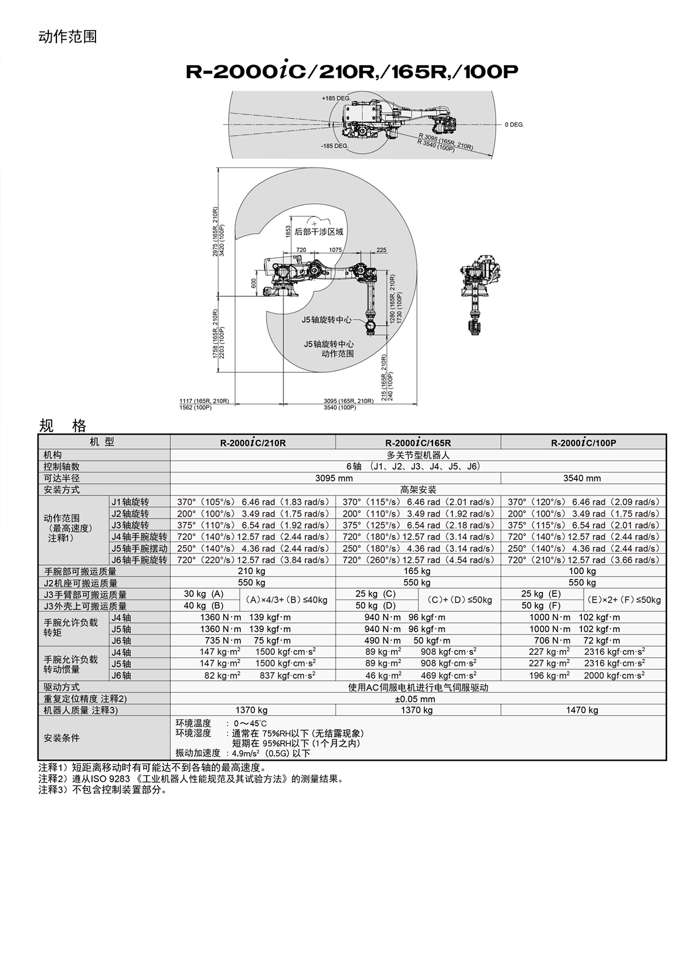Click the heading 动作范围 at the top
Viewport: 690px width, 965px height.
coord(68,37)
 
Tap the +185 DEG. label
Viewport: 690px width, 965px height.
coord(336,98)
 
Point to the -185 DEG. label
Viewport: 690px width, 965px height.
coord(335,146)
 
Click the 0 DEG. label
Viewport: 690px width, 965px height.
coord(515,124)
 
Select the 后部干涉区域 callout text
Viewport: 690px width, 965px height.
coord(319,232)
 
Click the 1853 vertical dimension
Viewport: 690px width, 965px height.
coord(289,232)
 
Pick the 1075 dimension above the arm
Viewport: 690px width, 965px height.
coord(335,250)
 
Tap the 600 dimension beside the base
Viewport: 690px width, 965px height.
coord(254,283)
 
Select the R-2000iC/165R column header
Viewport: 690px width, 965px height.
coord(418,443)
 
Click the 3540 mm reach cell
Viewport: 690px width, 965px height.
coord(582,478)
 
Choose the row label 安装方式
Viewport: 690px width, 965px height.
coord(62,490)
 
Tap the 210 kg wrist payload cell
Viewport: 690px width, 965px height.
coord(251,571)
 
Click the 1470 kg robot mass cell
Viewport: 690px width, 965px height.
coord(582,710)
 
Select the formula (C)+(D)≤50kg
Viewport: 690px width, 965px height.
coord(459,600)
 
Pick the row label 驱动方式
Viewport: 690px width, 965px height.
coord(62,687)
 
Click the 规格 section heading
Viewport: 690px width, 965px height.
coord(63,426)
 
